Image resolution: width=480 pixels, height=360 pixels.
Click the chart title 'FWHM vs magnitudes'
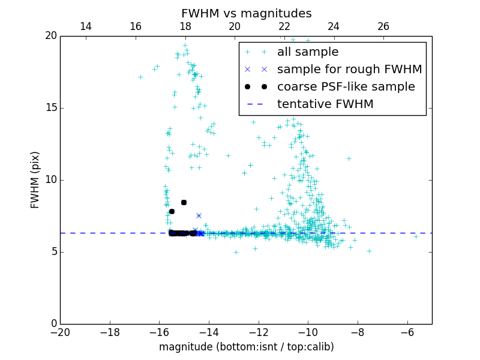click(x=246, y=13)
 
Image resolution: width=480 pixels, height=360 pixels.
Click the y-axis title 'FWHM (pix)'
click(x=35, y=179)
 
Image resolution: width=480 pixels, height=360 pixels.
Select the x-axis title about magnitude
click(x=246, y=347)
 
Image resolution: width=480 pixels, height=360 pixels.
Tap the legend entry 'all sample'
click(x=307, y=52)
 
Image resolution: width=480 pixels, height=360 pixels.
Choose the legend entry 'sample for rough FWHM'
click(x=349, y=70)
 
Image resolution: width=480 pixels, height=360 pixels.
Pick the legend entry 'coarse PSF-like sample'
click(x=346, y=87)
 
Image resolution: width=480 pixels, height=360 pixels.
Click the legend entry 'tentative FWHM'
click(x=325, y=104)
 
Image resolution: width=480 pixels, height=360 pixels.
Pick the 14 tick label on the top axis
click(x=86, y=26)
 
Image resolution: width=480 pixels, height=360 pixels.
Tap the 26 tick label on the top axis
click(x=383, y=26)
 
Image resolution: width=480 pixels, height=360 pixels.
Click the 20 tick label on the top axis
click(x=235, y=26)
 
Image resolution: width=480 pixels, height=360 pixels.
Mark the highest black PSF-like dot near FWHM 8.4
click(x=184, y=202)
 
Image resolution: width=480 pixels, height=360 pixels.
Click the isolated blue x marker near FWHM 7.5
click(x=199, y=215)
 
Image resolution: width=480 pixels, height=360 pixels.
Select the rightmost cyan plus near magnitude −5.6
click(x=416, y=236)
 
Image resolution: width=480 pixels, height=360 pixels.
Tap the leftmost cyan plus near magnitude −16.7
click(x=140, y=77)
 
